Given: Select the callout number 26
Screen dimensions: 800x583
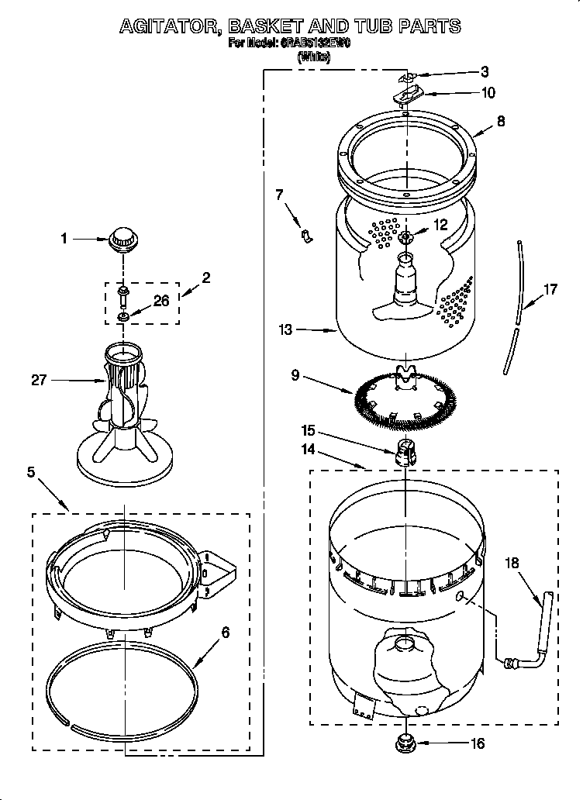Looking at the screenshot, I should [161, 302].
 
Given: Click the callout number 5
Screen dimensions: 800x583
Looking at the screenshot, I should [31, 472].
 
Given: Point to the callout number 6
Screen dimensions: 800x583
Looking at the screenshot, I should [226, 632].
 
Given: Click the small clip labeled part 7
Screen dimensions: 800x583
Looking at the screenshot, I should [306, 233].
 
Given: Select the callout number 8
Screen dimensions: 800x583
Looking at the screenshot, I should [501, 121].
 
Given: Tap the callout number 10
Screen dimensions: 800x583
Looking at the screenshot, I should [488, 92].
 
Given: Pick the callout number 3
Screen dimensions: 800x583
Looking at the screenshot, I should [485, 72].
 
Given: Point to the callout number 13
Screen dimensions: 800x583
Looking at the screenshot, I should [285, 330].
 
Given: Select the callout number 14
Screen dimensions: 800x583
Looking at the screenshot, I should [309, 448].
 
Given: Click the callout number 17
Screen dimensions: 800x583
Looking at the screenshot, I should [550, 291].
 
